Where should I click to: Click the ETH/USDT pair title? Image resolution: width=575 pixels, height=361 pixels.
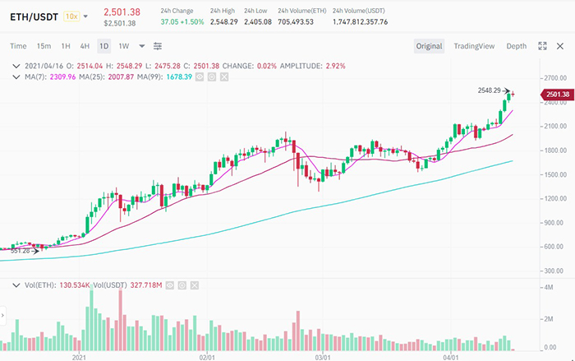click(x=34, y=16)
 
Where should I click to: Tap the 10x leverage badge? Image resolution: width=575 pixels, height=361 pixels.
click(x=71, y=16)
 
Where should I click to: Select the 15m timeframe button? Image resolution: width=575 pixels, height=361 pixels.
click(x=44, y=46)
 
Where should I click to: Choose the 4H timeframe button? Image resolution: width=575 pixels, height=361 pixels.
click(x=85, y=46)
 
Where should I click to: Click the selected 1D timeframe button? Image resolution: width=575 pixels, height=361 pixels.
click(x=104, y=46)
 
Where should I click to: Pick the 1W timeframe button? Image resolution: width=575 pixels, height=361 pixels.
click(x=124, y=46)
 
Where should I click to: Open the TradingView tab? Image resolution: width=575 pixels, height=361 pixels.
click(x=474, y=46)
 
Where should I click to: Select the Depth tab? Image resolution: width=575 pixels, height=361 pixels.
click(x=517, y=46)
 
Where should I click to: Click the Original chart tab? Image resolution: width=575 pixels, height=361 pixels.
click(x=429, y=46)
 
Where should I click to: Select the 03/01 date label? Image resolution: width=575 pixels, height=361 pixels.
click(x=323, y=358)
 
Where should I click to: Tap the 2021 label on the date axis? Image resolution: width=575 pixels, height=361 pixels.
click(x=80, y=358)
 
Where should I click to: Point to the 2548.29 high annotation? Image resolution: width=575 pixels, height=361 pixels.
click(x=489, y=90)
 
